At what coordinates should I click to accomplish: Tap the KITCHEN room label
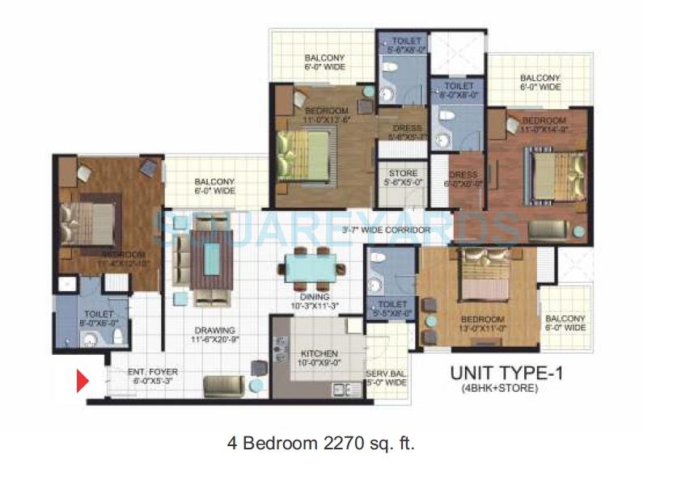point(312,353)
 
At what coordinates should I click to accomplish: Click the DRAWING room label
point(214,331)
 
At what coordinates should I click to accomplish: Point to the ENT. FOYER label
point(153,372)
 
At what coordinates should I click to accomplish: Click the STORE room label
point(403,174)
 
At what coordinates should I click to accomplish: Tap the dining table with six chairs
point(311,268)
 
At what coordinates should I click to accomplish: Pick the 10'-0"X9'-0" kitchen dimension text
point(312,364)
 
